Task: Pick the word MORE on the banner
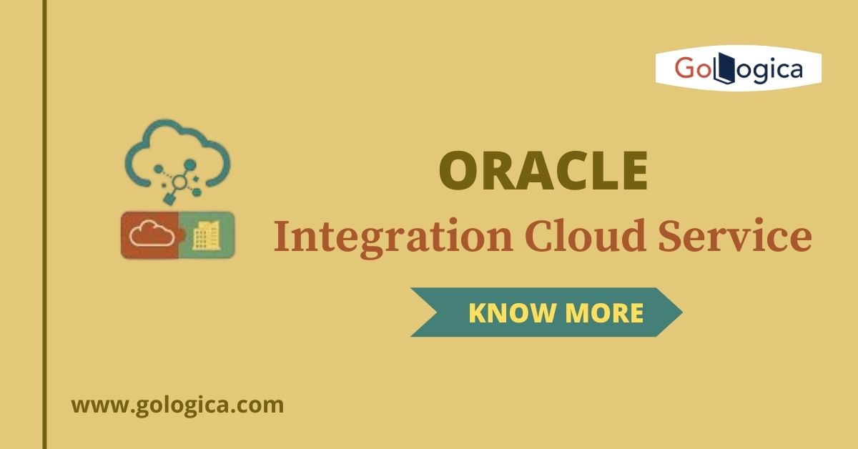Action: tap(604, 312)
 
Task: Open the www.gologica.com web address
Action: tap(177, 405)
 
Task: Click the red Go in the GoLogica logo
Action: tap(692, 69)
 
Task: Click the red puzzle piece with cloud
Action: tap(148, 234)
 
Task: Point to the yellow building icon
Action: tap(207, 235)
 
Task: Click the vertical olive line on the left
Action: tap(44, 224)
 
